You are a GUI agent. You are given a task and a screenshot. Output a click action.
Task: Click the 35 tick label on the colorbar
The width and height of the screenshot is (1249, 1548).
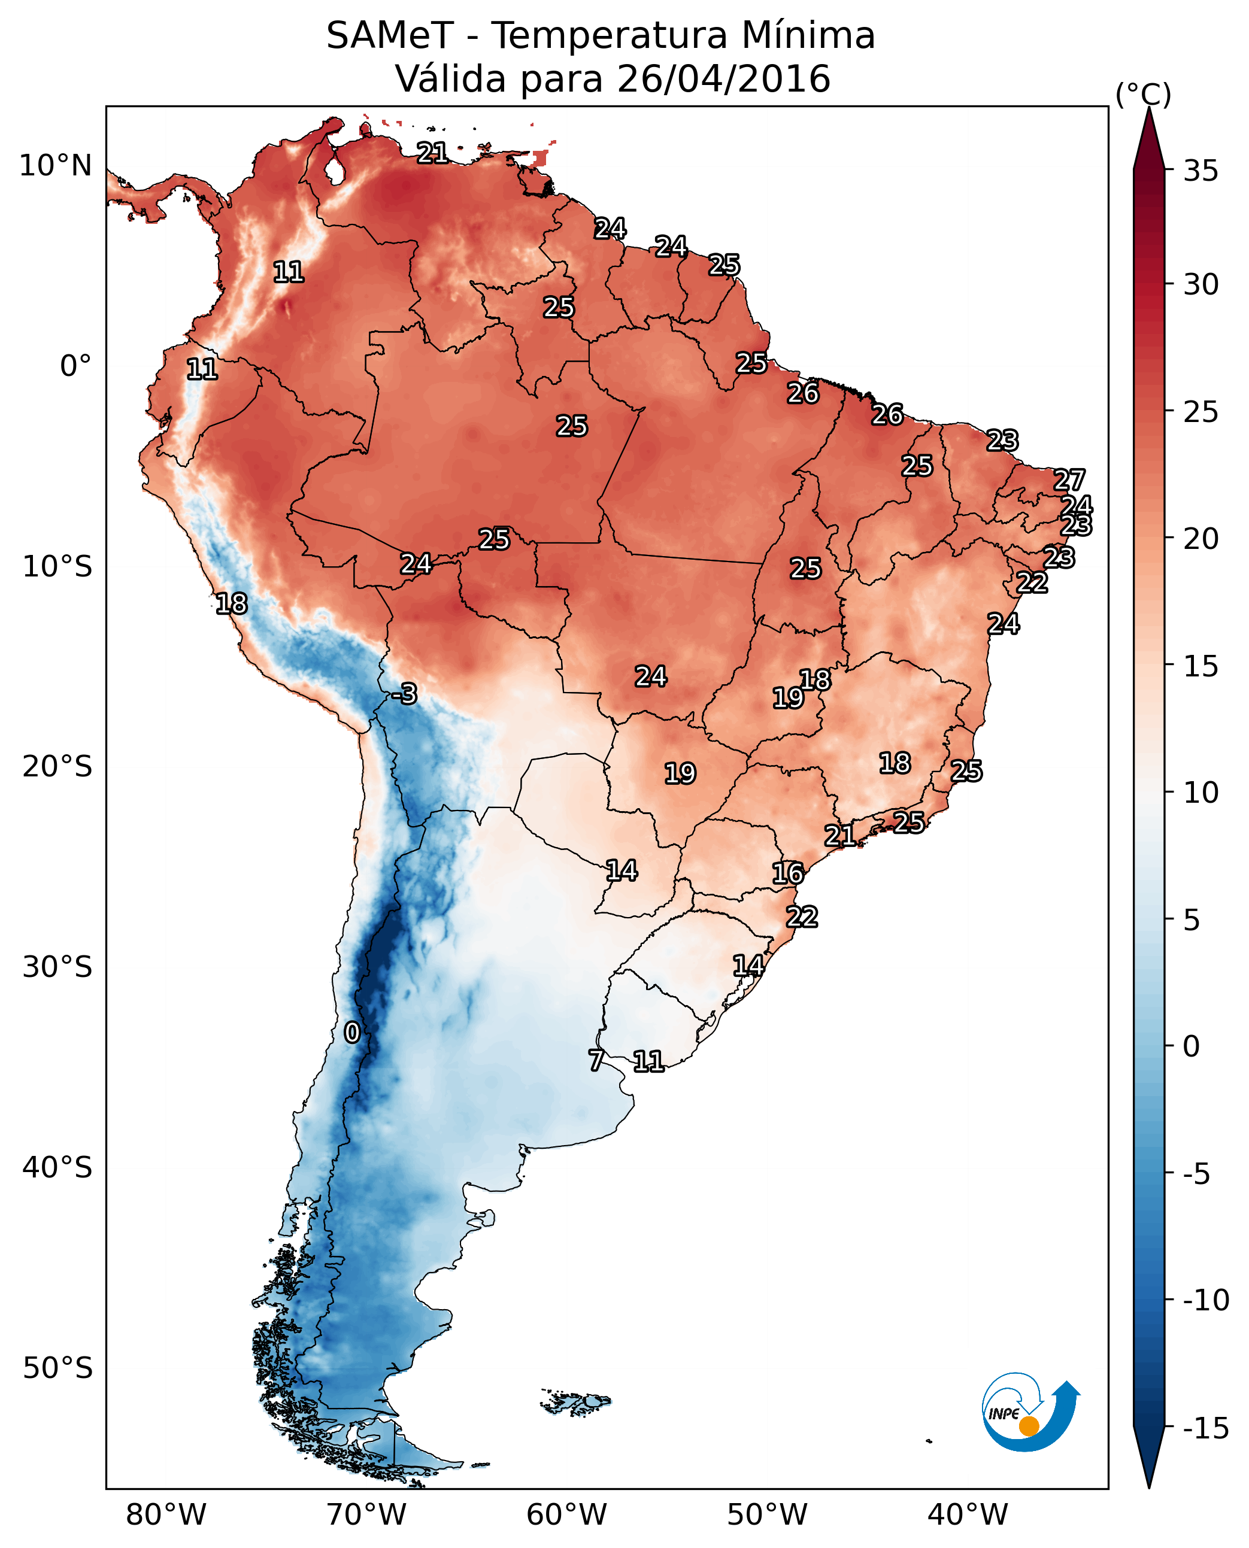pyautogui.click(x=1201, y=171)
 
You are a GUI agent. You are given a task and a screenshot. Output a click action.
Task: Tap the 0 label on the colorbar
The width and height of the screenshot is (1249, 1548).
pyautogui.click(x=1192, y=1046)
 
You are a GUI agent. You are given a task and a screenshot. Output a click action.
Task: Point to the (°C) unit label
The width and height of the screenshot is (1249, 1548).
pyautogui.click(x=1143, y=94)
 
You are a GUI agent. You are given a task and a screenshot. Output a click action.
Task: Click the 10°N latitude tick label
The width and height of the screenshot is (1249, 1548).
pyautogui.click(x=56, y=166)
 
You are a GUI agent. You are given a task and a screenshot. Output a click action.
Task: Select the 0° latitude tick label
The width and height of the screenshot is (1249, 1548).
pyautogui.click(x=75, y=366)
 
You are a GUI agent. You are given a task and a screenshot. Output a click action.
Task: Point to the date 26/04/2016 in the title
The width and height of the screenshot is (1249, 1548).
pyautogui.click(x=724, y=79)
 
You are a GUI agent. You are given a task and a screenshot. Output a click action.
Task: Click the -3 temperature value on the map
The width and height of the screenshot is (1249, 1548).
pyautogui.click(x=404, y=694)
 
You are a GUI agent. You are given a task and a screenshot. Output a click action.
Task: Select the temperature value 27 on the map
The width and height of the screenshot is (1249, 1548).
pyautogui.click(x=1069, y=480)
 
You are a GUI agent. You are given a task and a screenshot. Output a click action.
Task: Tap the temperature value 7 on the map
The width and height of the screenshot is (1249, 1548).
pyautogui.click(x=596, y=1060)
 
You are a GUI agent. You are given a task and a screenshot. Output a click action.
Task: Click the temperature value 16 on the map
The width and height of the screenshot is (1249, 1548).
pyautogui.click(x=788, y=873)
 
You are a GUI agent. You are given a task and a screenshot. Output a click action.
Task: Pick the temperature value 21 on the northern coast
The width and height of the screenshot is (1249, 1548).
pyautogui.click(x=432, y=153)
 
